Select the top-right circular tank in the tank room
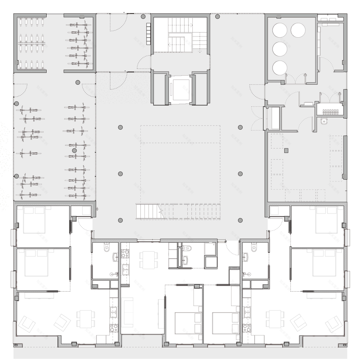click(x=298, y=30)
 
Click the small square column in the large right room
click(x=287, y=150)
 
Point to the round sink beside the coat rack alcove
click(x=324, y=121)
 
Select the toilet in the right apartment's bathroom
click(x=253, y=247)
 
